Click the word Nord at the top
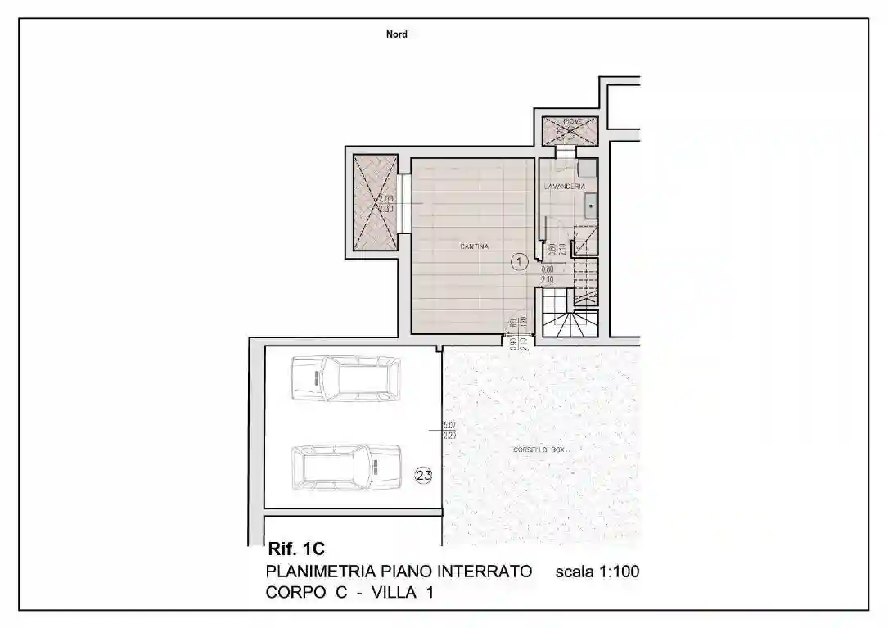(x=397, y=34)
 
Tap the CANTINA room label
(x=474, y=246)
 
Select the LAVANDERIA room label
(x=565, y=187)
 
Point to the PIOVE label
(x=572, y=121)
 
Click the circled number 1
(x=518, y=262)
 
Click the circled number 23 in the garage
(x=424, y=474)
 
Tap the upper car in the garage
(x=345, y=377)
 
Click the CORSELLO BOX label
(x=540, y=450)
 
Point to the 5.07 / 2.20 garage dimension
(x=449, y=430)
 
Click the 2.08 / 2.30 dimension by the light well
(x=385, y=203)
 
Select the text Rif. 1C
(x=296, y=549)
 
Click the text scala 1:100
(x=597, y=572)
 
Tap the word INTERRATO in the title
(x=486, y=572)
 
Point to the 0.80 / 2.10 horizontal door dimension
(x=548, y=273)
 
